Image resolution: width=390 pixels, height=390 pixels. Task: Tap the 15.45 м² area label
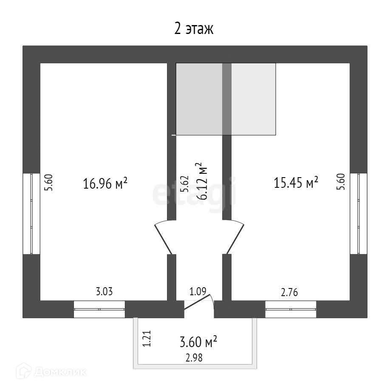pyautogui.click(x=297, y=183)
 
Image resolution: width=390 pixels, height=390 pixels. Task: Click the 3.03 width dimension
pyautogui.click(x=104, y=292)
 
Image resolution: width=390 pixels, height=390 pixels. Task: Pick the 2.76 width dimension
pyautogui.click(x=290, y=292)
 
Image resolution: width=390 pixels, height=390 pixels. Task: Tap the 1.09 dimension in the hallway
pyautogui.click(x=198, y=292)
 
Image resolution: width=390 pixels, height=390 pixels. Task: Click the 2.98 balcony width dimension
pyautogui.click(x=194, y=358)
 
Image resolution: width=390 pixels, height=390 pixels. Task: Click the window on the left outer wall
pyautogui.click(x=31, y=213)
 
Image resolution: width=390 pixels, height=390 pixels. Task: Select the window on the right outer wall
pyautogui.click(x=359, y=213)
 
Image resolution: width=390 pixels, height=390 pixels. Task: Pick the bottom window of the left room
pyautogui.click(x=99, y=309)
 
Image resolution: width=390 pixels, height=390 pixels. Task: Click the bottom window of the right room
pyautogui.click(x=291, y=309)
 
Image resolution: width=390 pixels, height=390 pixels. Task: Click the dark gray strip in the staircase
pyautogui.click(x=227, y=99)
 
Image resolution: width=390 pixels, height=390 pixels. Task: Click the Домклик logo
pyautogui.click(x=54, y=372)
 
